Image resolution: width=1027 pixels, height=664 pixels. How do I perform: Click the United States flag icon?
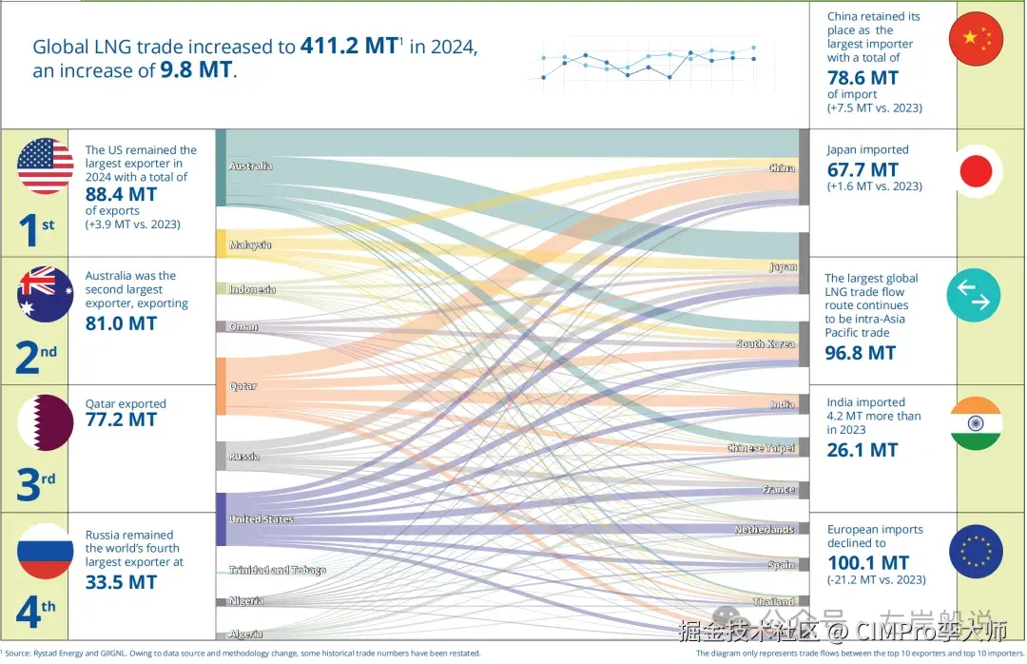coord(45,166)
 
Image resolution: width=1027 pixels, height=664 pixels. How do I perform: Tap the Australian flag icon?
coord(45,295)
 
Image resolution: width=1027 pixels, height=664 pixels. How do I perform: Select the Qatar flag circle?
coord(45,421)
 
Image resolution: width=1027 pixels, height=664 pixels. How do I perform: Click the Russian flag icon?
coord(45,551)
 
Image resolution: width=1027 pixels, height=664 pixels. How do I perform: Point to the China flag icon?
coord(976,38)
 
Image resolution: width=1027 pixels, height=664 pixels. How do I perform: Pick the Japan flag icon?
coord(976,171)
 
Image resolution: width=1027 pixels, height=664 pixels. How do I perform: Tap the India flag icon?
coord(976,423)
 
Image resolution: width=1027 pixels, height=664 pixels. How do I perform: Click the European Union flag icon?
coord(976,552)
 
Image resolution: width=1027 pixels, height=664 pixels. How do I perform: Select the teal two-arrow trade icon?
coord(974,295)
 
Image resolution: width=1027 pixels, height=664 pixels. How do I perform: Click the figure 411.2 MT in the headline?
coord(348,46)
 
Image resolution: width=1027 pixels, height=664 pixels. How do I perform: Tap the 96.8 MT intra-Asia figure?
coord(861,353)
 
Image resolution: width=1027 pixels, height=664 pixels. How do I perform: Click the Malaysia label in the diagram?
coord(250,245)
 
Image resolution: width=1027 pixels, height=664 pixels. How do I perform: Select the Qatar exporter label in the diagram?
coord(243,386)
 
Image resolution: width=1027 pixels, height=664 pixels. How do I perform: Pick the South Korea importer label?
coord(765,343)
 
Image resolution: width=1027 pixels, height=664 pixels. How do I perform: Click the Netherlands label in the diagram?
coord(765,529)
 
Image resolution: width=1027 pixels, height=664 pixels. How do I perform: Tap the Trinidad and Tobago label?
coord(278,570)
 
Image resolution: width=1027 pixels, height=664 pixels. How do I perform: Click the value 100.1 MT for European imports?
coord(868,562)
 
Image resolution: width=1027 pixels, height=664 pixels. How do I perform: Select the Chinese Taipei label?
coord(761,448)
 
